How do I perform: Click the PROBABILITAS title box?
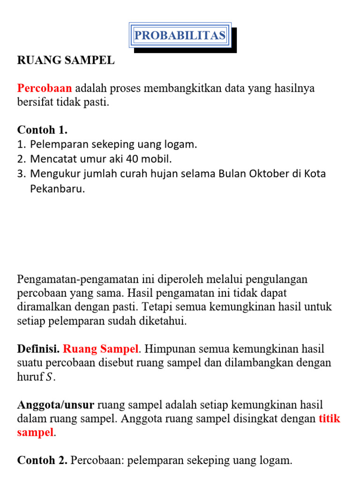(x=180, y=35)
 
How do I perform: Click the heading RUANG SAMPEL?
(x=66, y=60)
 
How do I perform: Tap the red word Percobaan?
(x=45, y=88)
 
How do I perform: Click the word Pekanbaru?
(x=58, y=189)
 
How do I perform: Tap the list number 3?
(x=21, y=174)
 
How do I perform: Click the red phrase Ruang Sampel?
(x=101, y=349)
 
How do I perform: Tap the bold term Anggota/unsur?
(x=56, y=405)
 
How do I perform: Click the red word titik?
(x=329, y=419)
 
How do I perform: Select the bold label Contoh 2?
(x=42, y=461)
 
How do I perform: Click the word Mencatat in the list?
(x=51, y=159)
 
